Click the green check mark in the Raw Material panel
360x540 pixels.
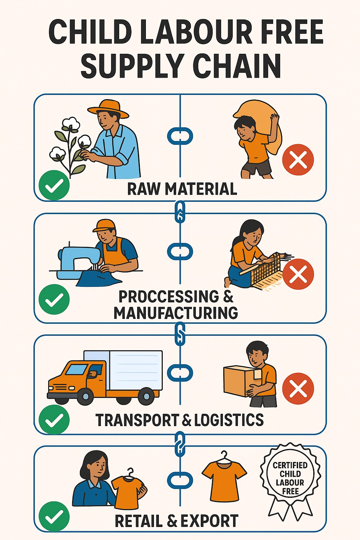[x=54, y=185]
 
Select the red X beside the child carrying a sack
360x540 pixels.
[x=298, y=159]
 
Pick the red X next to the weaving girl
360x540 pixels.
[x=298, y=274]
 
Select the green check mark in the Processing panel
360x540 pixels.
[x=54, y=299]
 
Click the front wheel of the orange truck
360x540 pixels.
[x=85, y=397]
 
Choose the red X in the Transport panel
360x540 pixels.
[x=298, y=388]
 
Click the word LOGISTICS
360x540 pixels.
[x=229, y=420]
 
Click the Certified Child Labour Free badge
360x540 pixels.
[x=290, y=478]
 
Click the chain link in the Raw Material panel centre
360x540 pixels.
[x=180, y=136]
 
